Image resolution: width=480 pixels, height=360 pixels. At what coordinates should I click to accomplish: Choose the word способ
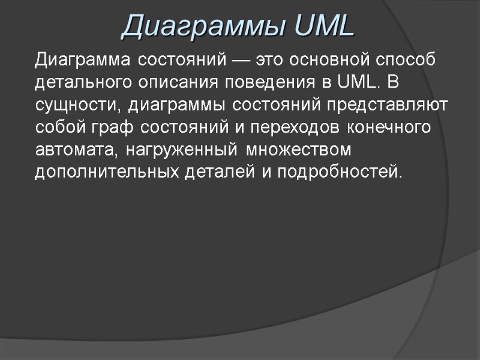tap(406, 61)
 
